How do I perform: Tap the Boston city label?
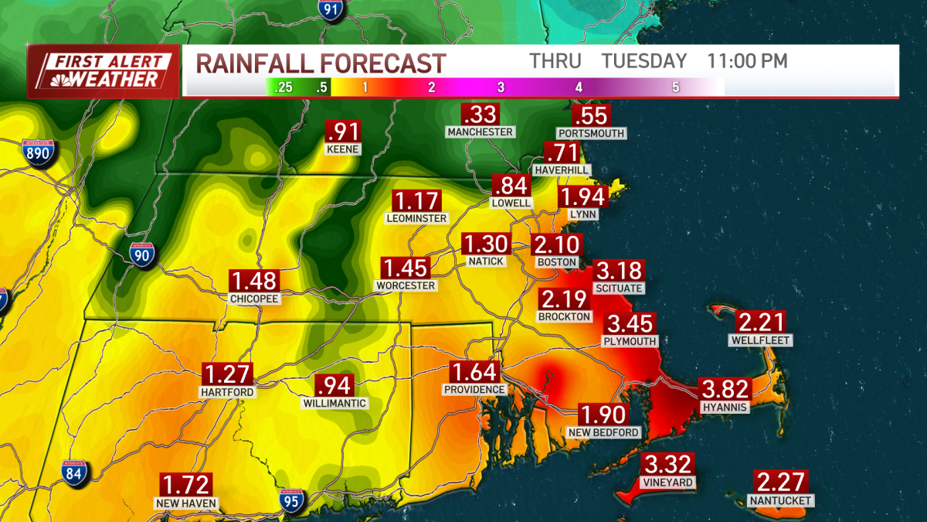coord(556,262)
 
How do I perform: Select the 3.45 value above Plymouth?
coord(630,323)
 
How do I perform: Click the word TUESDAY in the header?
coord(644,61)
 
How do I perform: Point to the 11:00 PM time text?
coord(747,61)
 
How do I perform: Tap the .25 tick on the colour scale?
coord(284,87)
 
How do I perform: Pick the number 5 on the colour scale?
coord(675,87)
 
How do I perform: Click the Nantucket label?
coord(780,500)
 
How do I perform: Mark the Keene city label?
coord(343,148)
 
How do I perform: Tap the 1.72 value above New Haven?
coord(185,486)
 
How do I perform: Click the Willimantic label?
coord(334,403)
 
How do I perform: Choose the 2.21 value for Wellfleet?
coord(761,322)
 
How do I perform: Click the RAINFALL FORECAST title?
coord(321,63)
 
